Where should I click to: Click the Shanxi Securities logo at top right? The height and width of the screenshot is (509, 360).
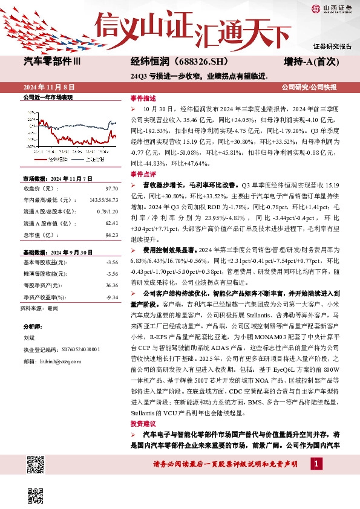(330, 8)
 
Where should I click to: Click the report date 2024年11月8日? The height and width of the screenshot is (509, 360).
(51, 88)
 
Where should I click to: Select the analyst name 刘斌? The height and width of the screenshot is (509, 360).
(28, 339)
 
